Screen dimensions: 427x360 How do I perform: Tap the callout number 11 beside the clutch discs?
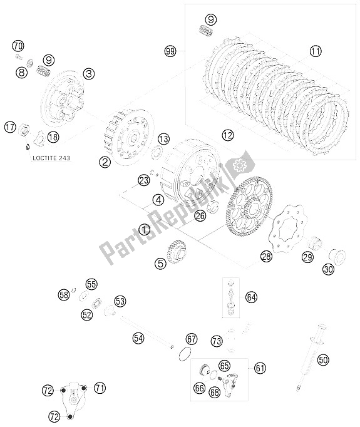tap(314, 51)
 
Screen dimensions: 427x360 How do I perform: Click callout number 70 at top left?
tap(18, 46)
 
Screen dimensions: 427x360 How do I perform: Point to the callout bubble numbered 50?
tap(324, 360)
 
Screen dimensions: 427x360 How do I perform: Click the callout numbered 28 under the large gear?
tap(267, 256)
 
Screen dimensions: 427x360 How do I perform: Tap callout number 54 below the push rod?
tap(138, 339)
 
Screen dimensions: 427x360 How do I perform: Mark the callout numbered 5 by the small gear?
tap(143, 264)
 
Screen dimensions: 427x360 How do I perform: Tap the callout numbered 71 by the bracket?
tap(100, 388)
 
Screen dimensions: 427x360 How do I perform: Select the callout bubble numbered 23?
tap(144, 180)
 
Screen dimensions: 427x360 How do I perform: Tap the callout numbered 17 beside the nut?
tap(10, 127)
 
